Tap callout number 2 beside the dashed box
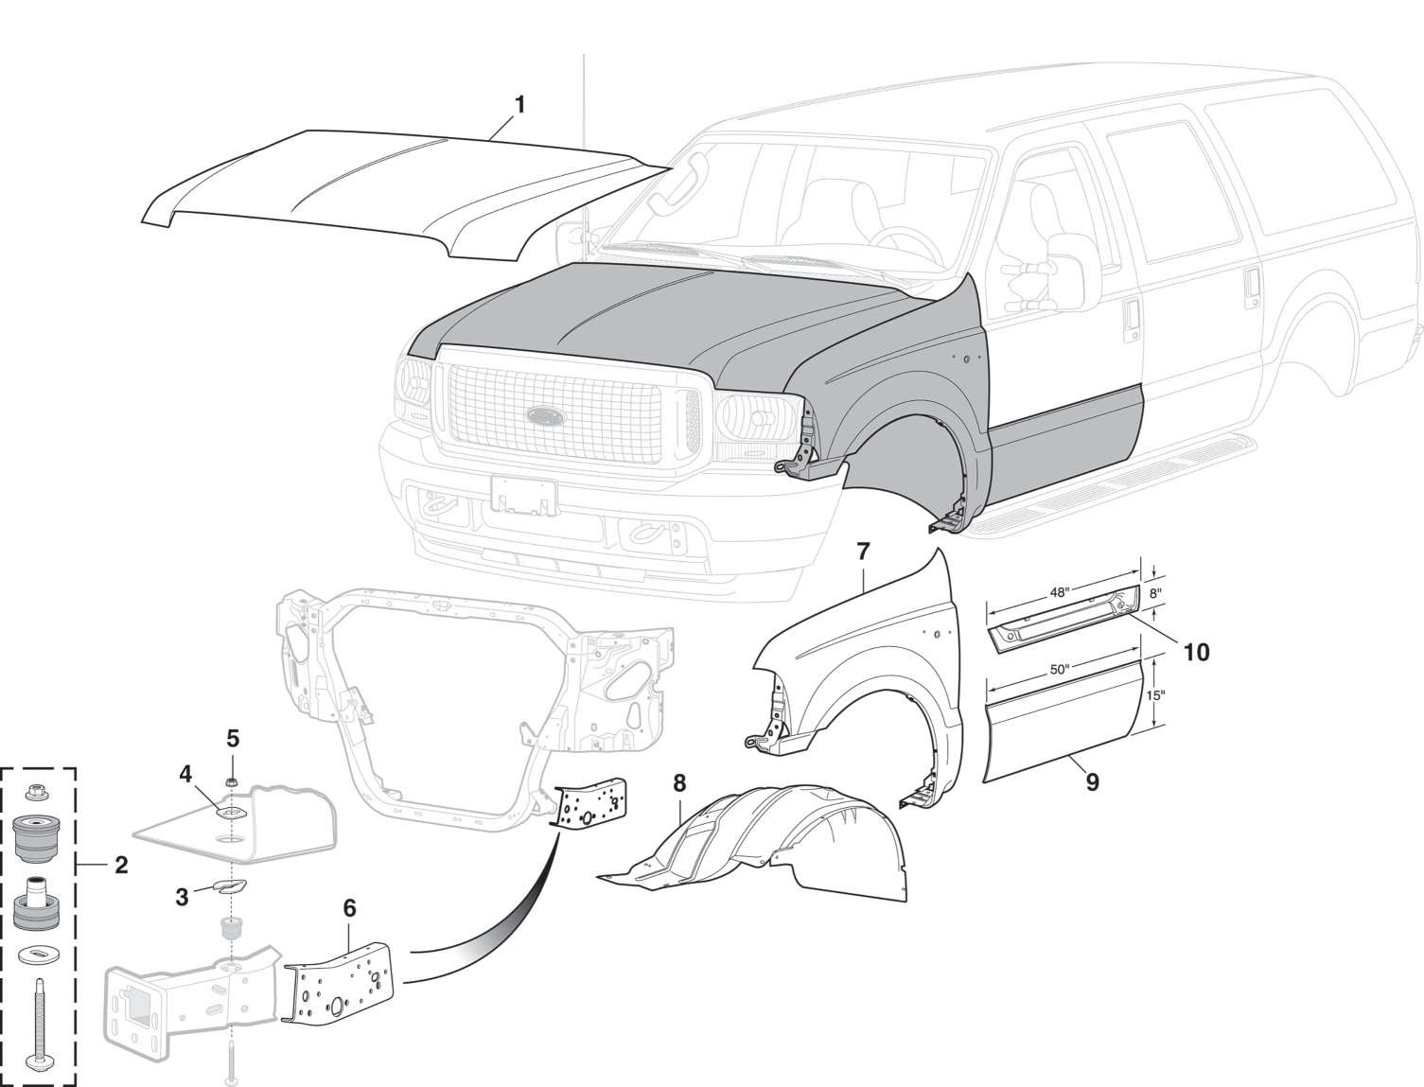(x=121, y=864)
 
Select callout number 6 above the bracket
(x=349, y=908)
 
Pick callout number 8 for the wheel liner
(x=679, y=783)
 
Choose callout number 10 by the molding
(x=1196, y=652)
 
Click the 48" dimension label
(x=1060, y=593)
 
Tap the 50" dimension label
(x=1060, y=669)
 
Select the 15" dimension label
(x=1155, y=695)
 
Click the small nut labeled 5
(x=233, y=781)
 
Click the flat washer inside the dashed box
(x=38, y=956)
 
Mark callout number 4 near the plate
(x=185, y=774)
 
